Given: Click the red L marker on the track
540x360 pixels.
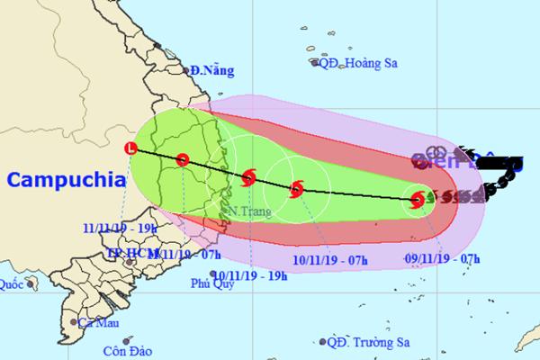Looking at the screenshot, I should [x=133, y=148].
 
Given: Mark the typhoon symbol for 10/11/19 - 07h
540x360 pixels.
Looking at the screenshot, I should [x=297, y=190].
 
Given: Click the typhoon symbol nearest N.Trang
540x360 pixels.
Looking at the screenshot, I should [x=249, y=177].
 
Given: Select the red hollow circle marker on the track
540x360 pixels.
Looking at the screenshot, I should [x=183, y=160].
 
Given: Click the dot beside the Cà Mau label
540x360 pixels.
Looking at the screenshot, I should [x=73, y=320].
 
